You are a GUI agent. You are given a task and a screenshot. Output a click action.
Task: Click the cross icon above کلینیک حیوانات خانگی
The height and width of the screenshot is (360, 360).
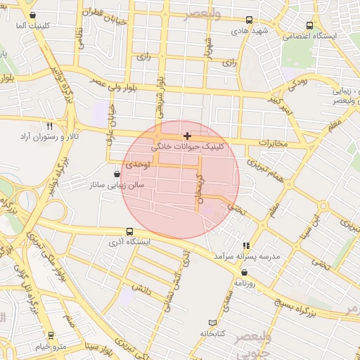coord(187,135)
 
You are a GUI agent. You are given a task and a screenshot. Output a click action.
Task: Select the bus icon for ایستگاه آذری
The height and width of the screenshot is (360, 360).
coord(130,231)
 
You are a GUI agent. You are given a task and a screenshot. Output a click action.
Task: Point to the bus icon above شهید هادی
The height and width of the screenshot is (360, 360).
coord(250,20)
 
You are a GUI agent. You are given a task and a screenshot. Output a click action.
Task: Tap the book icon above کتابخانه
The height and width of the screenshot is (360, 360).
coord(212,322)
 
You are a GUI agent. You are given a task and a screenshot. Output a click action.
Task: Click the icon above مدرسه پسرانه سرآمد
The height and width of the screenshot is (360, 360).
coord(246,245)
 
